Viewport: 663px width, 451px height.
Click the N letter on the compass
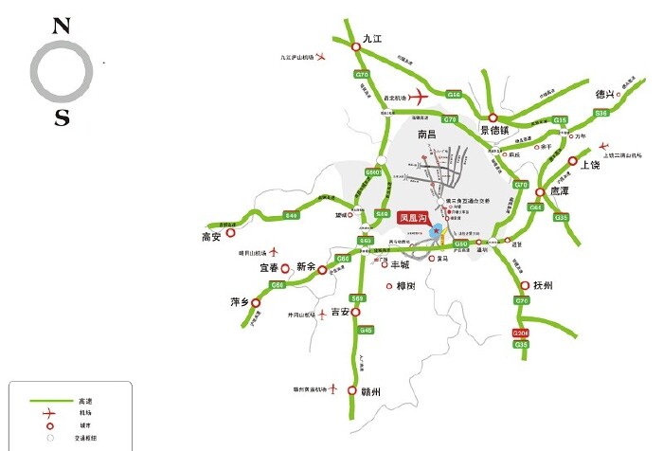63,26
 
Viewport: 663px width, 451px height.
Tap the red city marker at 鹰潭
540,191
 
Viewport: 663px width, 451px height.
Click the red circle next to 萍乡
255,303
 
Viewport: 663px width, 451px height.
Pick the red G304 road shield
520,334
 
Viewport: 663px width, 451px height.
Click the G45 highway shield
366,329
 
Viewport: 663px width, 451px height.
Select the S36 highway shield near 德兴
600,113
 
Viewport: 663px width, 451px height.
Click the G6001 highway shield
373,172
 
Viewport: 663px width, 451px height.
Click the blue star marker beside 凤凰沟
436,231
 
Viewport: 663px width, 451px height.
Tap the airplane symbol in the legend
47,413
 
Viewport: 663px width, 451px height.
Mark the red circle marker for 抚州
523,285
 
